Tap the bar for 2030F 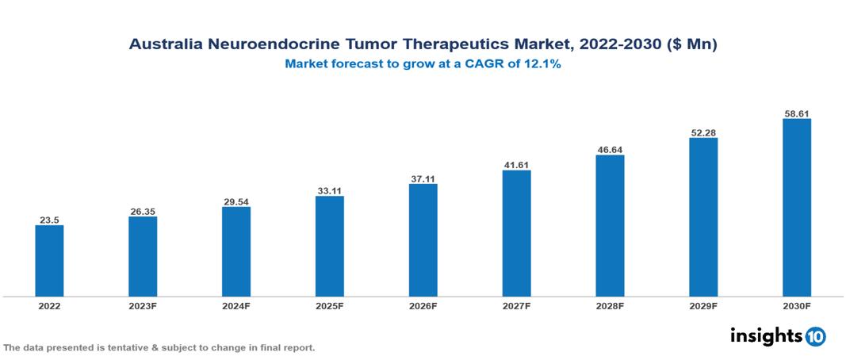[x=797, y=208]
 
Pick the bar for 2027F [x=516, y=233]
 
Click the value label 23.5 [x=49, y=220]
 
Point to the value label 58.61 [x=797, y=113]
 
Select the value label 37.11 [x=423, y=178]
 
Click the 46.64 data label [x=610, y=149]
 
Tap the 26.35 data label [x=143, y=211]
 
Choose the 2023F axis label [x=143, y=306]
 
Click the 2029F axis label [x=703, y=306]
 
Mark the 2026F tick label [x=423, y=306]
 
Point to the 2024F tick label [x=236, y=306]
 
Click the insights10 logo [x=777, y=336]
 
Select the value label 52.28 [x=703, y=132]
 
